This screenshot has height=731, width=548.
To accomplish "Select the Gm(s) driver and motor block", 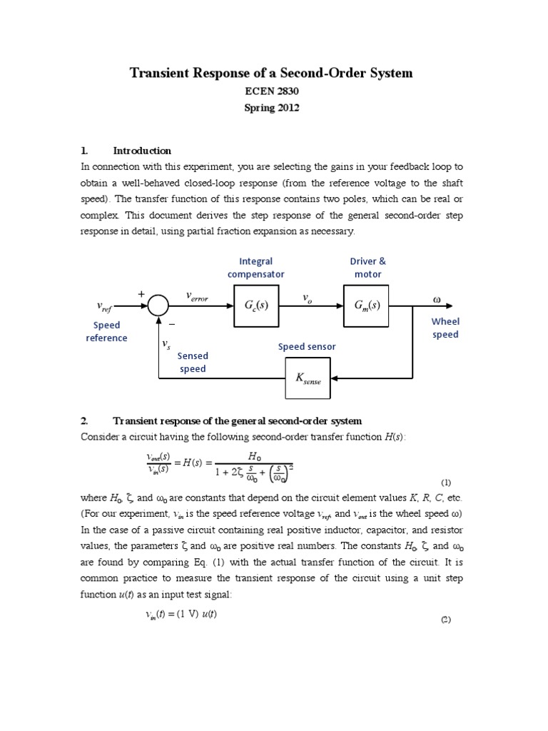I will click(367, 305).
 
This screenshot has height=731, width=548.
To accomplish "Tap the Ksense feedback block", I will click(308, 378).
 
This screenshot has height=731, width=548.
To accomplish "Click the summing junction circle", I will click(158, 306).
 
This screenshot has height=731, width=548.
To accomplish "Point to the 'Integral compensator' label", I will click(255, 268).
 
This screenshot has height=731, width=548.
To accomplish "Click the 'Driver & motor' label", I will click(367, 268).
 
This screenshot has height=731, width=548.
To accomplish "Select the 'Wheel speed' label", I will click(445, 328).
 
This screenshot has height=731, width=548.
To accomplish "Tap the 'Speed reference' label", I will click(106, 331).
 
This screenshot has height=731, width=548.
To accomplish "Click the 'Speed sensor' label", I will click(307, 347).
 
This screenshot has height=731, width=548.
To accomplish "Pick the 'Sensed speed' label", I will click(193, 362).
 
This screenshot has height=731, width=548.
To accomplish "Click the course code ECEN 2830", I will click(270, 91).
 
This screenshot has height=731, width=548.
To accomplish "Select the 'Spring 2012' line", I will click(270, 109).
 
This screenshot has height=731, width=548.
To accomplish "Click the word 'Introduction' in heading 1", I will click(142, 151).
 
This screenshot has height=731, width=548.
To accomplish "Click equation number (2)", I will click(446, 620).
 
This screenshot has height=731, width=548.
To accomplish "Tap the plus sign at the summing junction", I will click(141, 293).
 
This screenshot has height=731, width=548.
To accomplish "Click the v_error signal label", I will click(196, 296).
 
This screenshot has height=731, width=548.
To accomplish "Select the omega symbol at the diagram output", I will click(437, 298).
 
